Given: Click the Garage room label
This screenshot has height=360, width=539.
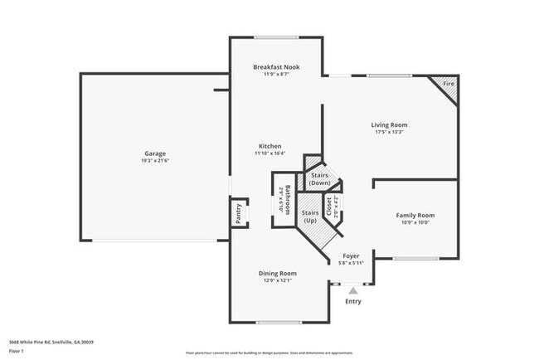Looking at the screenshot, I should (155, 153).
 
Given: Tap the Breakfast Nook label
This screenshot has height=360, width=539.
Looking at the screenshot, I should (276, 67).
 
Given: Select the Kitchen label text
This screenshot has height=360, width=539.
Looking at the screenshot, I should (269, 146).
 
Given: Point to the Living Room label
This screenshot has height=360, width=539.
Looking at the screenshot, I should (389, 125).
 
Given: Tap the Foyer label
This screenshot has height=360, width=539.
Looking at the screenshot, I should (351, 256).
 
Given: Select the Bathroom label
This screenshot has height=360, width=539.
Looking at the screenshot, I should (287, 200).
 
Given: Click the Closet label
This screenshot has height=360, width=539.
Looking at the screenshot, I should (329, 205).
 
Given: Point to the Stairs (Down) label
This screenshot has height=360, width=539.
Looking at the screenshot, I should (319, 178).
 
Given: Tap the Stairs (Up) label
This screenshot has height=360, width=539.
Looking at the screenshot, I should (310, 217).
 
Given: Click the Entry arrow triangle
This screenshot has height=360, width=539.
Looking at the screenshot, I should (353, 290).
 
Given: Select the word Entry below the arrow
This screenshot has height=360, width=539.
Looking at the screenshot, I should (353, 301).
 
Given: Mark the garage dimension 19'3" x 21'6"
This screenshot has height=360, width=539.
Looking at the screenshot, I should (155, 160).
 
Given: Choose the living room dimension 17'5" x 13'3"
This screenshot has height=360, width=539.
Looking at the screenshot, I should (389, 132).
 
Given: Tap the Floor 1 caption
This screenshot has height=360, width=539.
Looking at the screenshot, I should (17, 351).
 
